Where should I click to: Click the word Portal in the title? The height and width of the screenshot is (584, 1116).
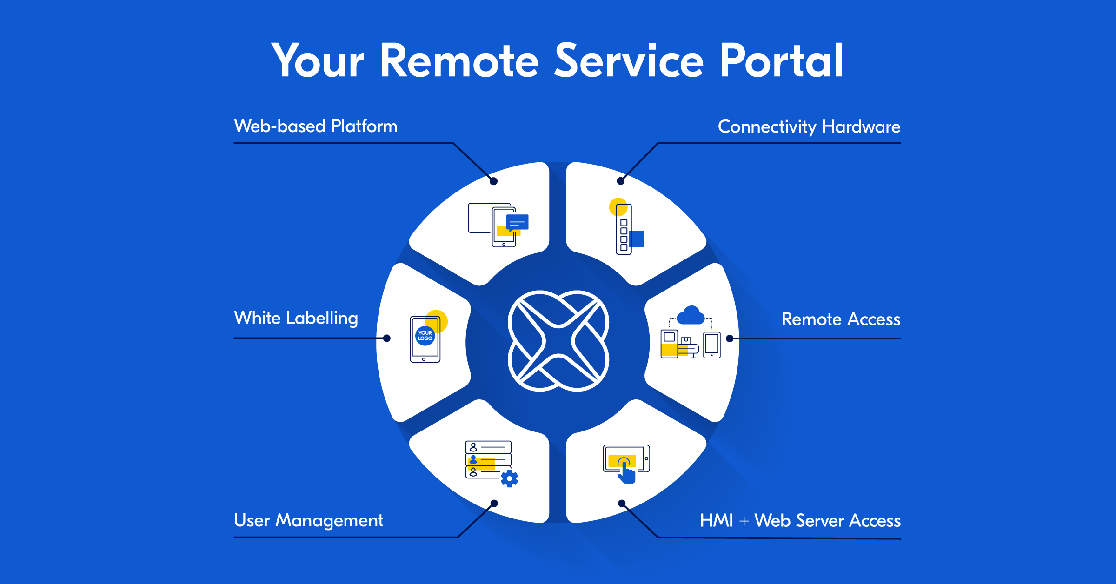pos(781,60)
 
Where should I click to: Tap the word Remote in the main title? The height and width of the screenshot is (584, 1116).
pos(459,60)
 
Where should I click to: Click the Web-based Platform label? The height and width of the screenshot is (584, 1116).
pos(316,126)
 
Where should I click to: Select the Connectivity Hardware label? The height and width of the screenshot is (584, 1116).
pos(809,127)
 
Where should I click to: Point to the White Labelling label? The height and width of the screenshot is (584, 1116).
pos(296,319)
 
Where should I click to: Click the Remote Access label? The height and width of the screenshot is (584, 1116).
pos(841,319)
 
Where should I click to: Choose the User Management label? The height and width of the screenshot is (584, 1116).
pos(308,520)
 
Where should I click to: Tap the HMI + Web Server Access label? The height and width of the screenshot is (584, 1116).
pos(800,521)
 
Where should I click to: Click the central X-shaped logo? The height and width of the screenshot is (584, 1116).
pos(558,341)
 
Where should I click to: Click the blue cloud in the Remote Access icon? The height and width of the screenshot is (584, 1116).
pos(691,316)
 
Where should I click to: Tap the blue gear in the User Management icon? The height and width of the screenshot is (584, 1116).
pos(510,478)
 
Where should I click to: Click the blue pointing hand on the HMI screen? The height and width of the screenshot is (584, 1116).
pos(626,473)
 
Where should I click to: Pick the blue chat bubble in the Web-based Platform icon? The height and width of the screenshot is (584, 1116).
pos(517,222)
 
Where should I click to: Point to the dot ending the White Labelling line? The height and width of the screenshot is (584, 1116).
pos(387,338)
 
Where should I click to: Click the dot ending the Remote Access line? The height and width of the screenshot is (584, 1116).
pos(730,338)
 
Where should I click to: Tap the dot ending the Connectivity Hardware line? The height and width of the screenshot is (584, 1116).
pos(620,181)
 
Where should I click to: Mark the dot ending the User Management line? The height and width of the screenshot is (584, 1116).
pos(494,503)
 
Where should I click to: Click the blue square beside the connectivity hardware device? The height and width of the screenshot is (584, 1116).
pos(637,239)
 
